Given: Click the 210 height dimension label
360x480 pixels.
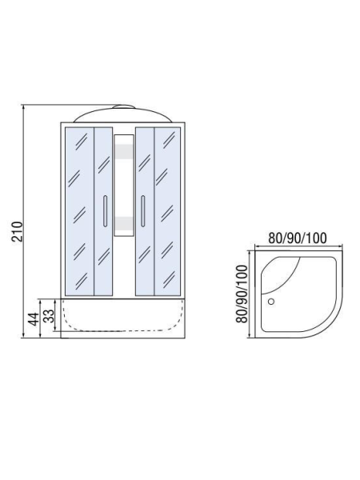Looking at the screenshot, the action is [x=18, y=232].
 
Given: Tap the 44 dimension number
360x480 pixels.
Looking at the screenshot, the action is [x=34, y=319].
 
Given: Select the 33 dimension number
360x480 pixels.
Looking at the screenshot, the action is [x=48, y=316].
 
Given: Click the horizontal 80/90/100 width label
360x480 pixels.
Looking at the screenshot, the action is [x=298, y=238].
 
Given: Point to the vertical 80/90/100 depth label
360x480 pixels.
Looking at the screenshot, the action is [x=242, y=294].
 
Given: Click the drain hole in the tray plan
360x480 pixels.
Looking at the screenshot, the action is [x=271, y=302].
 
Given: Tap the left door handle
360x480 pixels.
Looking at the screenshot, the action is [x=106, y=211].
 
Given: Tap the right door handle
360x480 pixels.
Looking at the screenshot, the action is [x=142, y=211].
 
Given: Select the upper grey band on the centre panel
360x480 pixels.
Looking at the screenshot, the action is [x=124, y=151].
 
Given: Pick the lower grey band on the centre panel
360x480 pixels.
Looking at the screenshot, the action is [x=124, y=223].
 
